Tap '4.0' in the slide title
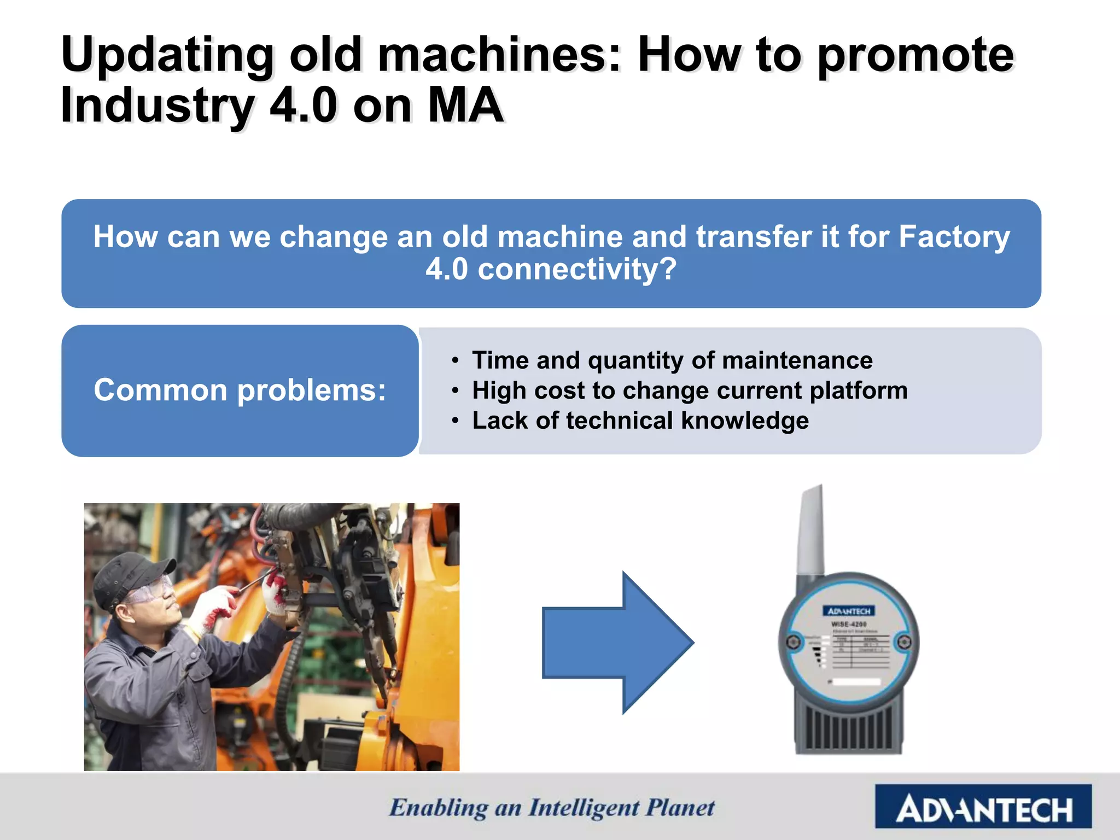(x=304, y=105)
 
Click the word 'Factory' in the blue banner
(x=954, y=237)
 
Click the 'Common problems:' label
(x=240, y=390)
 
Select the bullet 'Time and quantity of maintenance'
(x=672, y=360)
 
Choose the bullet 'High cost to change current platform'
(x=690, y=390)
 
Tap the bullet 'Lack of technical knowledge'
(x=640, y=421)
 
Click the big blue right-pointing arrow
(x=618, y=643)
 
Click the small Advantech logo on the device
(x=849, y=611)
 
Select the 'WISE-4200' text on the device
(x=849, y=624)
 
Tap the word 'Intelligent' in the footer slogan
(x=584, y=808)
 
